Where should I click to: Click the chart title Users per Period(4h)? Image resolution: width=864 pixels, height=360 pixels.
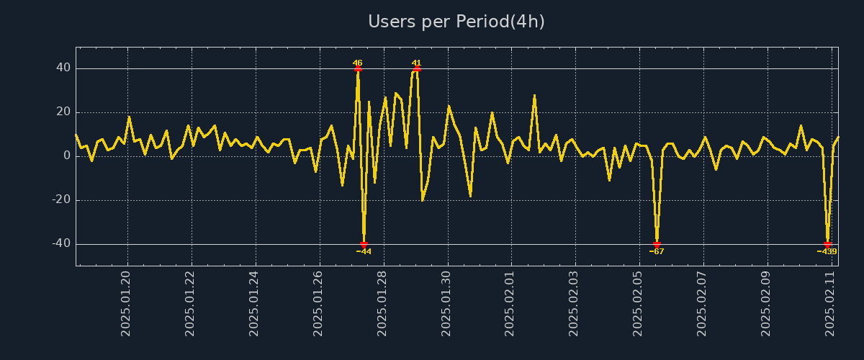[456, 22]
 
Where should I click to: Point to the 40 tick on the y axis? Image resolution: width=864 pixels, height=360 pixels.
[63, 68]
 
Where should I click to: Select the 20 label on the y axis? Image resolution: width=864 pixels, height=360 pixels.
[63, 112]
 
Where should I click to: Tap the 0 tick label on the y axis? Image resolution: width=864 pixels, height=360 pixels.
[67, 156]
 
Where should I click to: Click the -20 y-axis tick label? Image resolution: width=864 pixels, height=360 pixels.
[60, 200]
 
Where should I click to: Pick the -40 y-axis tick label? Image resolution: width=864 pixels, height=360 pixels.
[60, 244]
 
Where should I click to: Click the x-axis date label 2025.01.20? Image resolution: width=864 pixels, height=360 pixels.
[127, 303]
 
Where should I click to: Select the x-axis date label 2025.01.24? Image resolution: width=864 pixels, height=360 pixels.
[255, 303]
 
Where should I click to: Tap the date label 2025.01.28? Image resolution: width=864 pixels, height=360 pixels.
[382, 303]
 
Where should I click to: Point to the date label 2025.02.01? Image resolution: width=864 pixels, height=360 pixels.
[510, 303]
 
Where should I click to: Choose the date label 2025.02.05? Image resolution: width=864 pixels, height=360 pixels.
[638, 303]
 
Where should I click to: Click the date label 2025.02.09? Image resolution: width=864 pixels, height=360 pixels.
[765, 303]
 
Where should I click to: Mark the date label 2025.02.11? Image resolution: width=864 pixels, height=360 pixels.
[829, 303]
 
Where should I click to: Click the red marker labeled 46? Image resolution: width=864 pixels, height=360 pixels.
[358, 69]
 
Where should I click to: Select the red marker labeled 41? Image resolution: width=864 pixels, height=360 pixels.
[417, 69]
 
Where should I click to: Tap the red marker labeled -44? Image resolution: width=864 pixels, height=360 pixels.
[364, 244]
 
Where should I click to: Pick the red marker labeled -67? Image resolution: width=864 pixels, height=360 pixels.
[657, 244]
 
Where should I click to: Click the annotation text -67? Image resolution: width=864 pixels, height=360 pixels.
[657, 252]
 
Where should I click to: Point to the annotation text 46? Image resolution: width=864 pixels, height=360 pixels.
[358, 63]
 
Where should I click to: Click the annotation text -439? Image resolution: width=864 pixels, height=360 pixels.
[827, 252]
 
